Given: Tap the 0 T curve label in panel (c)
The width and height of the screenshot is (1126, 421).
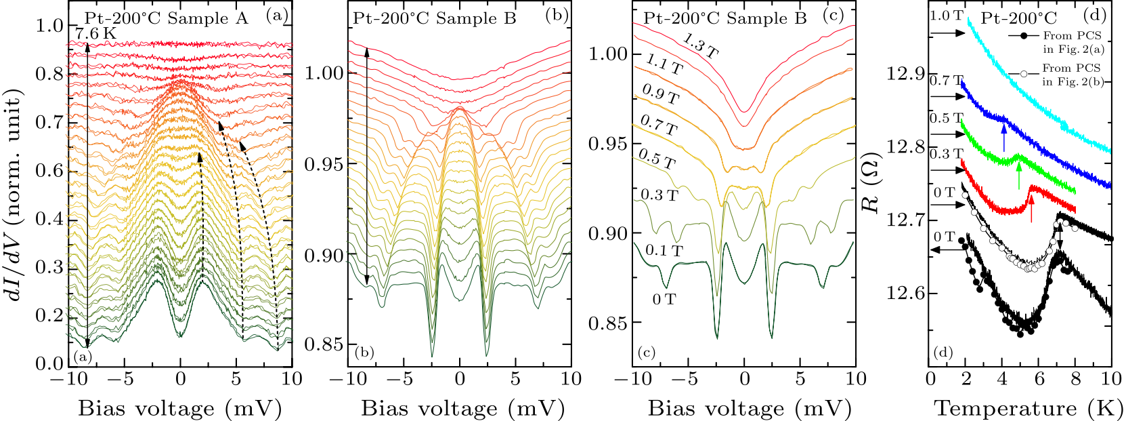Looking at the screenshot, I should [664, 299].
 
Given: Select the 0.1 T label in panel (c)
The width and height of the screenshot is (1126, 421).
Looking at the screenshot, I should [664, 251].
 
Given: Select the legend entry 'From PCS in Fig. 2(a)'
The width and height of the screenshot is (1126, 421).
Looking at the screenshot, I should [1072, 41].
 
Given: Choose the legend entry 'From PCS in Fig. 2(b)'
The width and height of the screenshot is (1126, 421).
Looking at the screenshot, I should [1072, 75].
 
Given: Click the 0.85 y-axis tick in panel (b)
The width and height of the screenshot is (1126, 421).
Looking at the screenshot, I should [323, 344].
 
